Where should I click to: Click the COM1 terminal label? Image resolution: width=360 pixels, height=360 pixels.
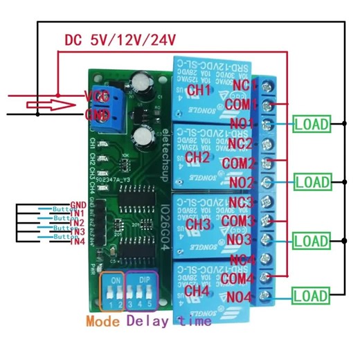pyautogui.click(x=240, y=104)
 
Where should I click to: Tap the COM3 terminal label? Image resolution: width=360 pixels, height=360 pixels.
pyautogui.click(x=240, y=222)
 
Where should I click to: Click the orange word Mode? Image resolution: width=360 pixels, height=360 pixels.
pyautogui.click(x=105, y=321)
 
